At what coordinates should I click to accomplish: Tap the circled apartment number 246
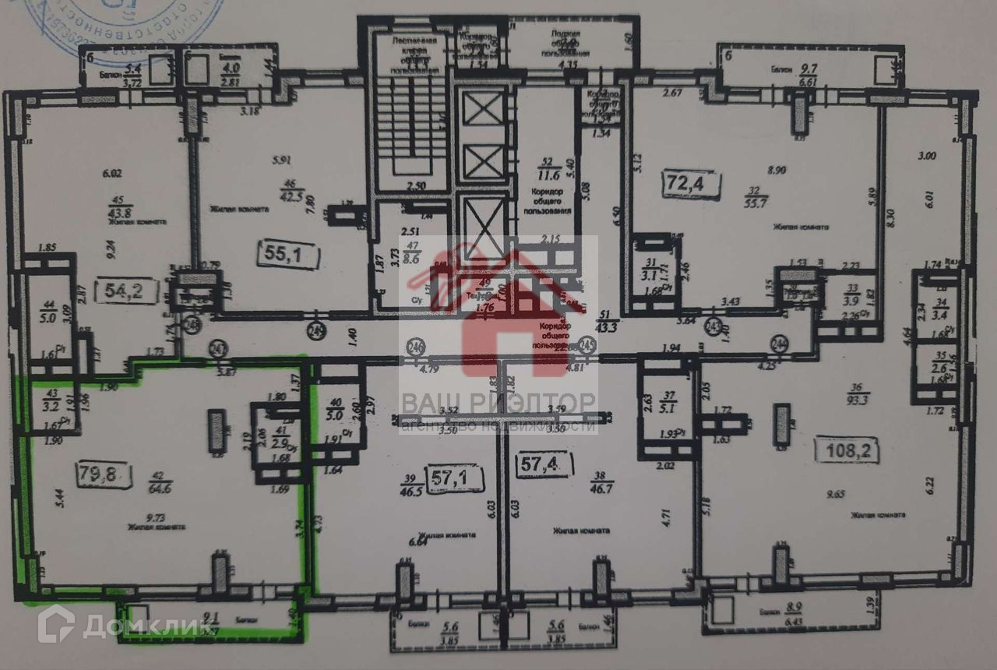point(417,344)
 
